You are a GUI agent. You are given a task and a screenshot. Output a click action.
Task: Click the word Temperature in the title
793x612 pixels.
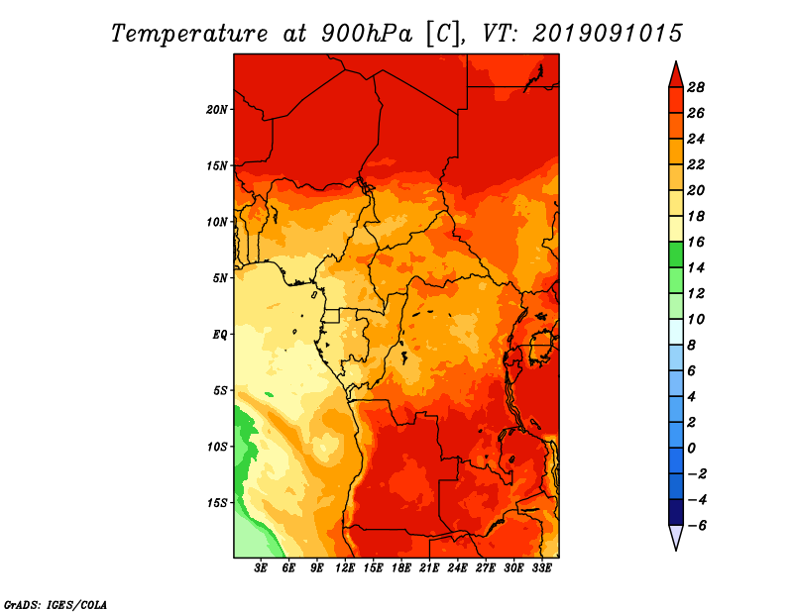pyautogui.click(x=189, y=34)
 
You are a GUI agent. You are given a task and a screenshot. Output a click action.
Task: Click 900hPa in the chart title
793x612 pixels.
pyautogui.click(x=366, y=34)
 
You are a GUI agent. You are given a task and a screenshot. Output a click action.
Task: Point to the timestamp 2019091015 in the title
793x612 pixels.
pyautogui.click(x=608, y=34)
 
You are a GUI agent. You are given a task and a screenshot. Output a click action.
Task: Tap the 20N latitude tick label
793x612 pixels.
pyautogui.click(x=217, y=110)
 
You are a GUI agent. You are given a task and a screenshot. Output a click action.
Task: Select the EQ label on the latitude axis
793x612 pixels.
pyautogui.click(x=219, y=335)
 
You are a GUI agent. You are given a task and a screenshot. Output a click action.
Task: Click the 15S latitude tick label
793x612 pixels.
pyautogui.click(x=217, y=503)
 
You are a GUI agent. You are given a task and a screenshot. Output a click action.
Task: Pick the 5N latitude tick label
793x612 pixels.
pyautogui.click(x=220, y=278)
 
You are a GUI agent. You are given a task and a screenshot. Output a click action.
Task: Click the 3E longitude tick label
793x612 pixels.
pyautogui.click(x=261, y=568)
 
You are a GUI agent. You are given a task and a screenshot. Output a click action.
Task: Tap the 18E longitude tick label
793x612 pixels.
pyautogui.click(x=401, y=568)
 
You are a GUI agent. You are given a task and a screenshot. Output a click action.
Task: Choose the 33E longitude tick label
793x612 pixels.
pyautogui.click(x=541, y=568)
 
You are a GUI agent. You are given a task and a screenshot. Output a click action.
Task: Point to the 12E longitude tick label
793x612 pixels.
pyautogui.click(x=345, y=568)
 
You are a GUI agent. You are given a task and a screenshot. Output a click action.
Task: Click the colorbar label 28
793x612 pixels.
pyautogui.click(x=696, y=87)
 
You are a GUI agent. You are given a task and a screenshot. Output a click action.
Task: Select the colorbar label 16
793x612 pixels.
pyautogui.click(x=696, y=242)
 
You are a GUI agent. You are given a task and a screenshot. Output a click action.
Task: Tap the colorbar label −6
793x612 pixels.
pyautogui.click(x=697, y=526)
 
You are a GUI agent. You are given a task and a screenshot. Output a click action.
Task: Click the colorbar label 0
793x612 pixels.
pyautogui.click(x=692, y=449)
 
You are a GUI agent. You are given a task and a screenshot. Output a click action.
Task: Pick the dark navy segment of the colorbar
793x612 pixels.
pyautogui.click(x=676, y=512)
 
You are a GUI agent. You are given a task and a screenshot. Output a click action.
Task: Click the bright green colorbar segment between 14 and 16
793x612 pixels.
pyautogui.click(x=676, y=255)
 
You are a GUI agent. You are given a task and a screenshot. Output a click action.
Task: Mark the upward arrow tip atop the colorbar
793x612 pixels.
pyautogui.click(x=676, y=62)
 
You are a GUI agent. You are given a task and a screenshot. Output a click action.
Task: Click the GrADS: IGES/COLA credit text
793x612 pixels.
pyautogui.click(x=56, y=605)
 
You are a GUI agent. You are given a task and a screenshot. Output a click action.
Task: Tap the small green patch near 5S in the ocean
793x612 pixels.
pyautogui.click(x=269, y=395)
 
